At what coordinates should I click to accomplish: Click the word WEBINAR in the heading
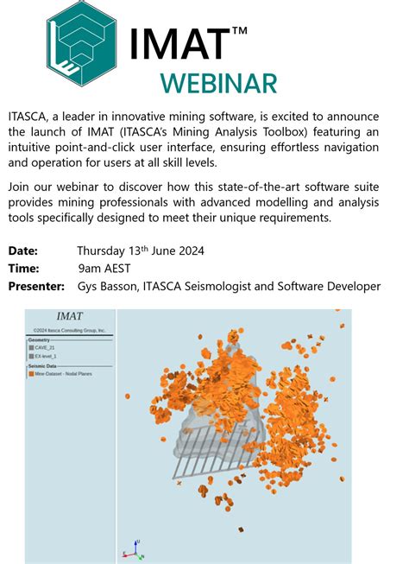pyautogui.click(x=217, y=84)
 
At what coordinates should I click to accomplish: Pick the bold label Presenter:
pyautogui.click(x=36, y=286)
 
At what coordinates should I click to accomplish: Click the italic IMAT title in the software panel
pyautogui.click(x=69, y=317)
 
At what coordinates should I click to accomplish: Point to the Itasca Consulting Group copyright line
pyautogui.click(x=69, y=330)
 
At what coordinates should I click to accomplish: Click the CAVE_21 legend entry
pyautogui.click(x=47, y=347)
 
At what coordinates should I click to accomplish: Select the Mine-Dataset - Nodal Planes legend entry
pyautogui.click(x=66, y=374)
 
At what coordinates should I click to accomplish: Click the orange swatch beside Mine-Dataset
pyautogui.click(x=31, y=374)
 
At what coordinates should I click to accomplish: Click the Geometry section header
pyautogui.click(x=40, y=340)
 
